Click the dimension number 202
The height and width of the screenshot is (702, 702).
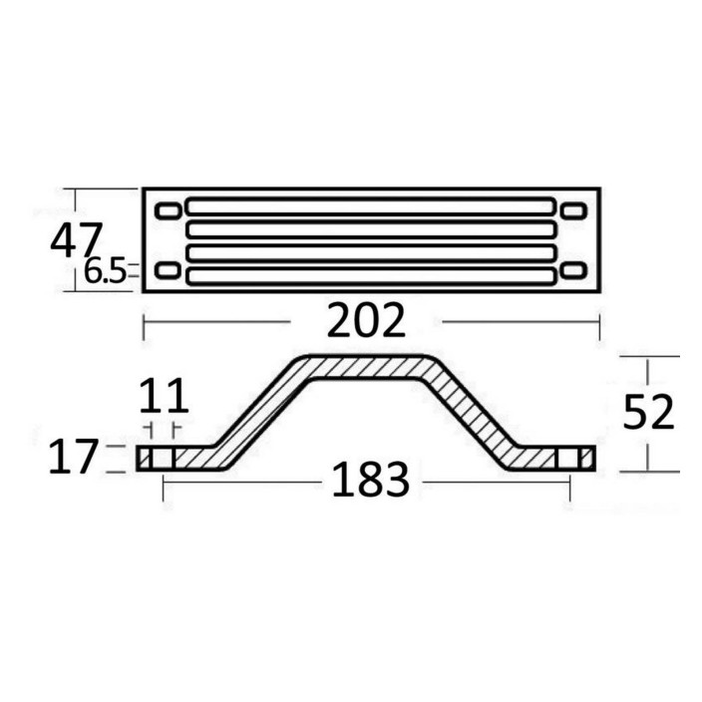point(366,320)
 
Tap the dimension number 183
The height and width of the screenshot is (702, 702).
point(371,480)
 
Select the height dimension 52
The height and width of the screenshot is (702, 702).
point(648,412)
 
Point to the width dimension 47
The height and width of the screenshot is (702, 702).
point(76,242)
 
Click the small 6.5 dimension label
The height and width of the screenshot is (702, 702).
point(106,272)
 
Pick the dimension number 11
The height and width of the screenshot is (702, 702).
point(164,395)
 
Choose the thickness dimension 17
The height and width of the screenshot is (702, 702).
point(73,457)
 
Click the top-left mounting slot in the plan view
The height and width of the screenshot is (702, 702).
point(169,210)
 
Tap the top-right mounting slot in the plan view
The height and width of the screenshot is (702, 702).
point(573,210)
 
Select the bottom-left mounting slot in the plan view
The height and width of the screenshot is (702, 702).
point(169,271)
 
